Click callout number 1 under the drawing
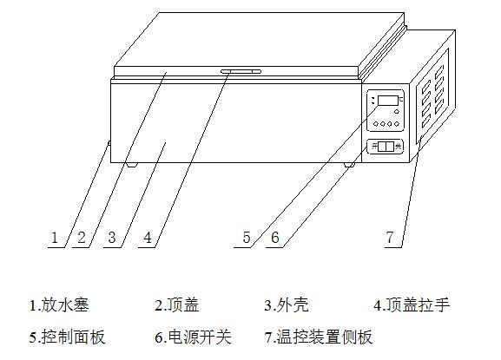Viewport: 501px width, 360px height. point(55,238)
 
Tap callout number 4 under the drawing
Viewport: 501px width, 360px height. point(148,238)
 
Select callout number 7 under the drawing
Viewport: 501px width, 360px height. point(390,237)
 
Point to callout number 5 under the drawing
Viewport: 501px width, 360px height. point(247,238)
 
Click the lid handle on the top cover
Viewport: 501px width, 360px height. point(241,71)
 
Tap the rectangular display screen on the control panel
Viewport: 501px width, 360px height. point(387,101)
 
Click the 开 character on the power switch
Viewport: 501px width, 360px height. point(374,147)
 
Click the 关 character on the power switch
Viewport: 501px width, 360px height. point(399,147)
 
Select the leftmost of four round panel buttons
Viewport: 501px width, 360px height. point(376,124)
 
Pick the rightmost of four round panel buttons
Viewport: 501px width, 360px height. point(397,124)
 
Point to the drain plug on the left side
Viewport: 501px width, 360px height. point(109,143)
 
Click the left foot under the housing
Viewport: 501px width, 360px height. point(131,165)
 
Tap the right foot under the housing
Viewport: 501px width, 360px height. point(349,165)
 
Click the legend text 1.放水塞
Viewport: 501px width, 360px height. point(59,304)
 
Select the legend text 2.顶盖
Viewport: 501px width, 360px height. point(177,304)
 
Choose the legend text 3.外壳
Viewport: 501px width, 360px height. point(287,304)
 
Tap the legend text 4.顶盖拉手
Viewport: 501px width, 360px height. point(412,304)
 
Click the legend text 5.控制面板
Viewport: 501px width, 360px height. point(67,337)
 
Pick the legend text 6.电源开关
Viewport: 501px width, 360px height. point(193,337)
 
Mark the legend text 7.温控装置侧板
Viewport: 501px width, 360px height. point(319,337)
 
